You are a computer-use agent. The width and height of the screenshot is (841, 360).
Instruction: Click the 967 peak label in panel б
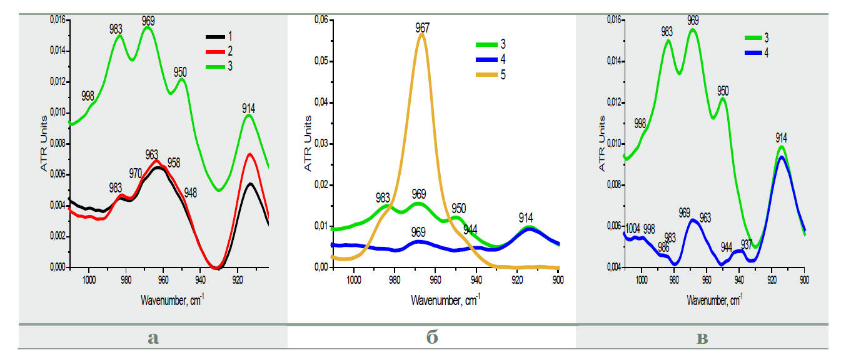point(423,27)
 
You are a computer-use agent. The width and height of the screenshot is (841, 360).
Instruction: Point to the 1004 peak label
point(633,228)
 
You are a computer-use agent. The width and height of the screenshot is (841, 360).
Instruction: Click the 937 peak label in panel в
point(747,244)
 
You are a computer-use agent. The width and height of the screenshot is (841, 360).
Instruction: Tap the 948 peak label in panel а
point(191,192)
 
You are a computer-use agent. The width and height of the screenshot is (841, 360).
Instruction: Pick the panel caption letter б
point(431,338)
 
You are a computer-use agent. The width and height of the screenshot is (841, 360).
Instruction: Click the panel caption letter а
point(153,338)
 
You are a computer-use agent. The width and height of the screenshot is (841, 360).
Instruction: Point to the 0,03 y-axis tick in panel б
point(320,144)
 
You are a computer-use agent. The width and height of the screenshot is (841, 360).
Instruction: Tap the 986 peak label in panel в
point(664,247)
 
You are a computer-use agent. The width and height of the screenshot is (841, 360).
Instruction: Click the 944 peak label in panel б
point(471,229)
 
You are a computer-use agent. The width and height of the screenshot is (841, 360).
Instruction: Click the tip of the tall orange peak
point(422,34)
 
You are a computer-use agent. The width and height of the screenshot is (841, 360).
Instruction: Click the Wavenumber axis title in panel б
point(446,301)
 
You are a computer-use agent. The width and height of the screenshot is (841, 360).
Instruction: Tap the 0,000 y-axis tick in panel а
point(57,267)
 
